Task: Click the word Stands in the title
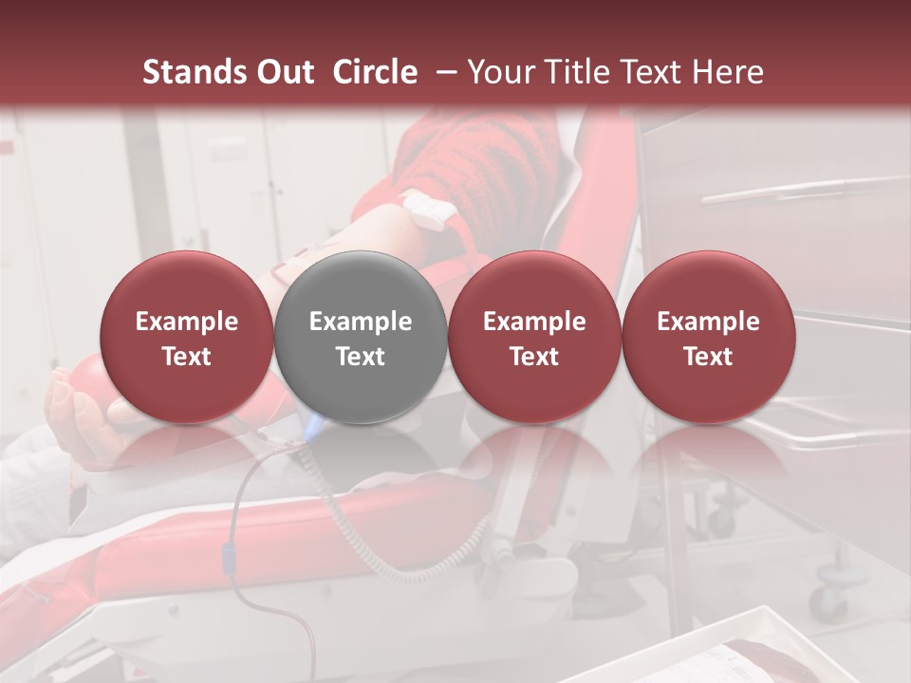[x=194, y=72]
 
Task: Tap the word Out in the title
[x=286, y=72]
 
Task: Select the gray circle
[x=361, y=337]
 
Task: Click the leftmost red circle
[x=186, y=337]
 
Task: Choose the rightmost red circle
[x=708, y=337]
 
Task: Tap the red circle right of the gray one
[x=534, y=337]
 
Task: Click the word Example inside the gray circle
[x=361, y=322]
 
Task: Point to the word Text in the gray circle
[x=361, y=357]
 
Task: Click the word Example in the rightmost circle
[x=708, y=322]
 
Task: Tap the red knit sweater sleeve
[x=474, y=171]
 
